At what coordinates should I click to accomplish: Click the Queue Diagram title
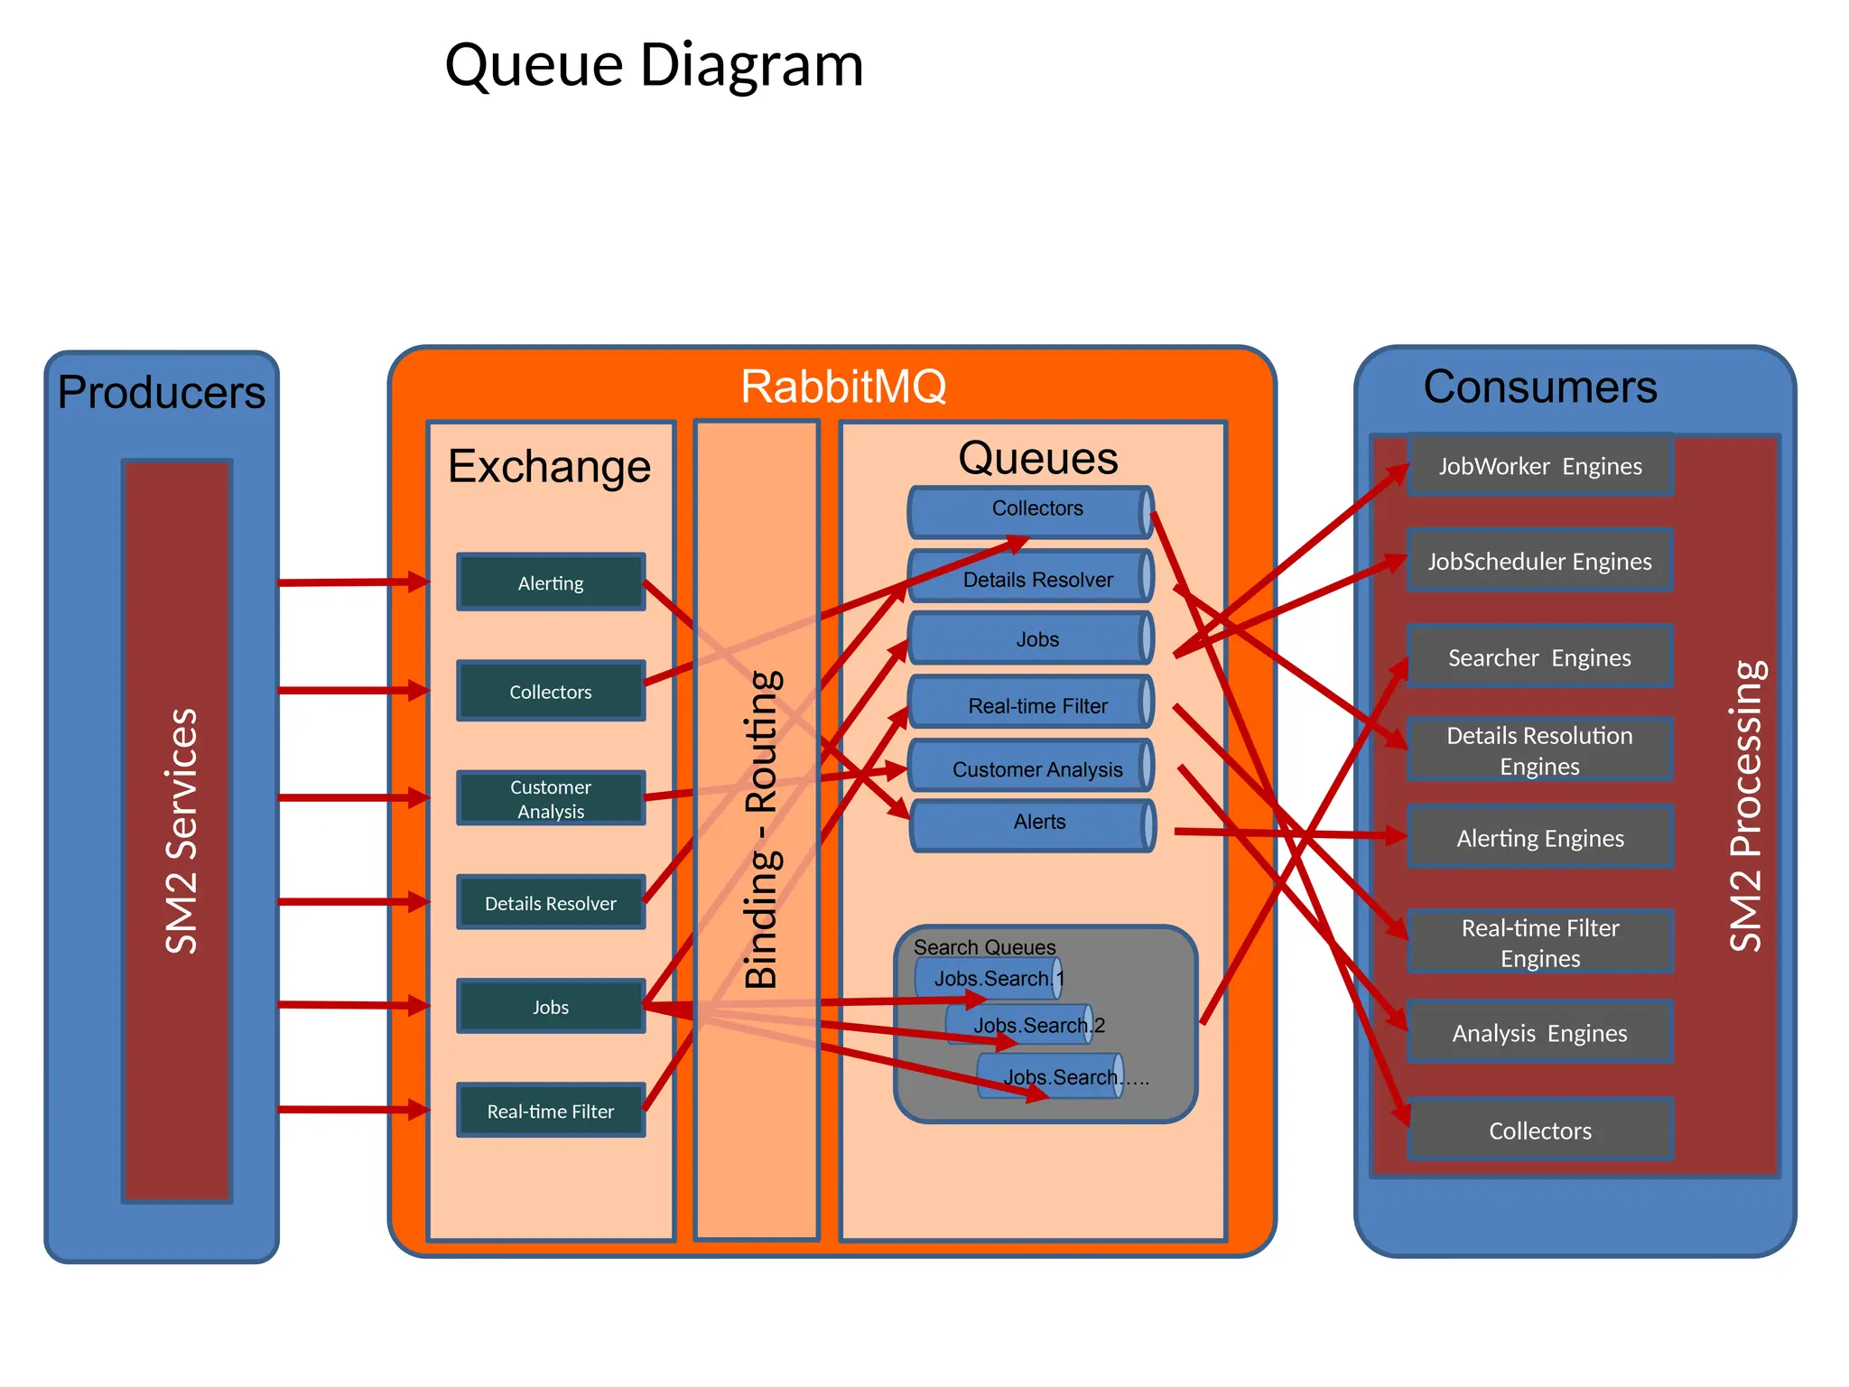coord(654,65)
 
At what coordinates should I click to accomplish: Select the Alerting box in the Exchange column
coord(551,582)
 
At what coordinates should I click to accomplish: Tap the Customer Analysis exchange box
coord(551,798)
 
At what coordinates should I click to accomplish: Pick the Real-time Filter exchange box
coord(551,1111)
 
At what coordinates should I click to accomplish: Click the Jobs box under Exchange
coord(551,1007)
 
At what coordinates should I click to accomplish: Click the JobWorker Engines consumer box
coord(1539,466)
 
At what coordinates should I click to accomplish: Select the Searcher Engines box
coord(1539,657)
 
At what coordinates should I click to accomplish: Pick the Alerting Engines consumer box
coord(1539,838)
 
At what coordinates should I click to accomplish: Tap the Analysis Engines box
coord(1539,1032)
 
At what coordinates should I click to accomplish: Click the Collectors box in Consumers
coord(1539,1130)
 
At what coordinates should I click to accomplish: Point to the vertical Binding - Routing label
coord(761,829)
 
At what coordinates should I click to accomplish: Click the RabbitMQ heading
coord(843,386)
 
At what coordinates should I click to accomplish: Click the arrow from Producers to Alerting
coord(352,582)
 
